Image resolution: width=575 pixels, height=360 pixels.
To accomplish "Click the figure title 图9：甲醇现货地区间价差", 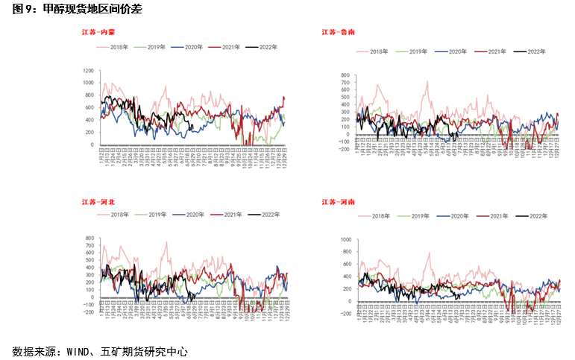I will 72,10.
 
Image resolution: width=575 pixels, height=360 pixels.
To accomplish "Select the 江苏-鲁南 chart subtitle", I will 339,32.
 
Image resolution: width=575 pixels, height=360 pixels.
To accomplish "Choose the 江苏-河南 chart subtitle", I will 339,201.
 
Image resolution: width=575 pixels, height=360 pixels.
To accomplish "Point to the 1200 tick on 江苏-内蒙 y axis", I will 88,69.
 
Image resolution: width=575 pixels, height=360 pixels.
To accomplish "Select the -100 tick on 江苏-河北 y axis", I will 89,304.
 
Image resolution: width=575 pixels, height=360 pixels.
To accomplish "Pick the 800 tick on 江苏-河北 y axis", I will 89,239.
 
